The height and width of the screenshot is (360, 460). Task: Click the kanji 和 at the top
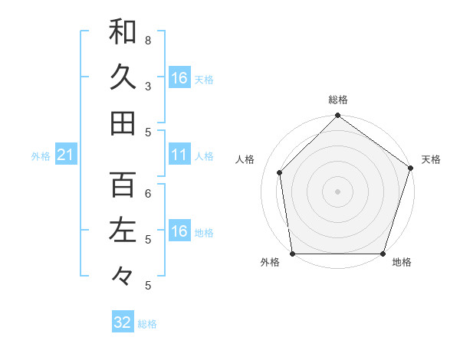pos(123,31)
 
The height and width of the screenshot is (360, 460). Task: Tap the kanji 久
pos(123,77)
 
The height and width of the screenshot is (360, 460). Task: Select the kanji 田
pos(123,123)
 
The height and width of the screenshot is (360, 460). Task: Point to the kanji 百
pos(123,185)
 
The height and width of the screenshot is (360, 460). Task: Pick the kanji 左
pos(123,231)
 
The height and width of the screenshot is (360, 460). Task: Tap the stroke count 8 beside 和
pos(148,40)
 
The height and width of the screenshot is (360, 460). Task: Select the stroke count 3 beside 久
pos(148,86)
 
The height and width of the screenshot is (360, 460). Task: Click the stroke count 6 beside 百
pos(148,193)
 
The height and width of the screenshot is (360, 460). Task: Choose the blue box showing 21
pos(65,155)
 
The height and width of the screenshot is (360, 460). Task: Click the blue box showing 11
pos(179,155)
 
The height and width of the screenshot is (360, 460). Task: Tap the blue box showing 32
pos(122,322)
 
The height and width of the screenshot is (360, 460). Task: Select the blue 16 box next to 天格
pos(179,78)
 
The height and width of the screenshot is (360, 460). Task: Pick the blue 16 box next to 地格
pos(179,231)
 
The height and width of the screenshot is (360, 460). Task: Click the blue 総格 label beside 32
pos(147,324)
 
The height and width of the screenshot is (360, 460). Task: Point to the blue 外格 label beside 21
pos(41,156)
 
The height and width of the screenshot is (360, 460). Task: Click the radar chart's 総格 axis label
pos(337,100)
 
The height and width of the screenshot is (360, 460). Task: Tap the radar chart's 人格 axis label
pos(245,159)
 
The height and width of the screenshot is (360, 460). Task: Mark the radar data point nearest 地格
pos(383,254)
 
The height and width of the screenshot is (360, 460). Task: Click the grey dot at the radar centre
pos(337,191)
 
